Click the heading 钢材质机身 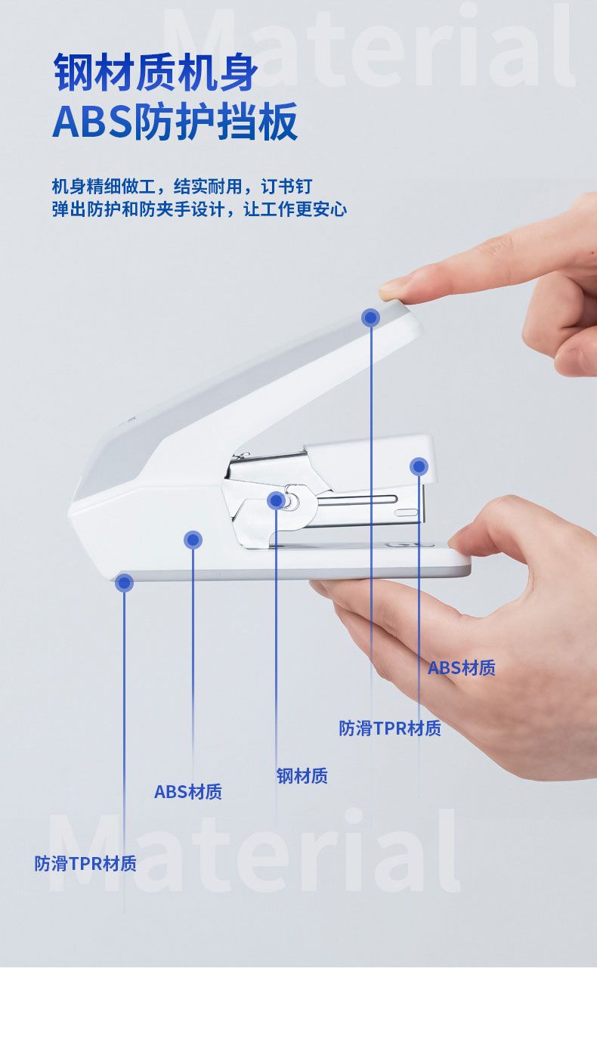click(156, 73)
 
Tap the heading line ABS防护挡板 click(175, 121)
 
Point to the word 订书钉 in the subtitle click(286, 187)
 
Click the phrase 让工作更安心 click(295, 209)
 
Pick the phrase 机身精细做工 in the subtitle click(104, 187)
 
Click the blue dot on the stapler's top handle click(370, 317)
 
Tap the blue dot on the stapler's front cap click(419, 466)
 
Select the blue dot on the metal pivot click(276, 500)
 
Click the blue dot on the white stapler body click(193, 540)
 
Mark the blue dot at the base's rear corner click(124, 583)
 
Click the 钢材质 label click(302, 776)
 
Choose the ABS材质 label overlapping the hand click(462, 668)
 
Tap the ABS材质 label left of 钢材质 click(187, 792)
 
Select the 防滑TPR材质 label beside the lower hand click(390, 729)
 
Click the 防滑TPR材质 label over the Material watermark click(85, 864)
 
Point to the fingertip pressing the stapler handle click(391, 289)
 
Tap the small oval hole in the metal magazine click(406, 512)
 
